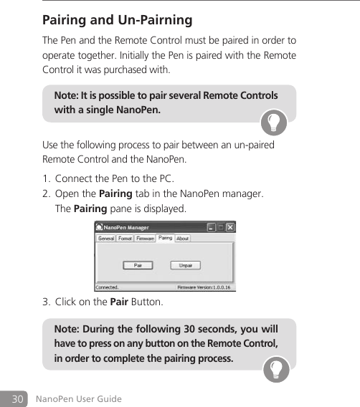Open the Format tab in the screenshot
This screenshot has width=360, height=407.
(125, 239)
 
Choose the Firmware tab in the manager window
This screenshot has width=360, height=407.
(145, 239)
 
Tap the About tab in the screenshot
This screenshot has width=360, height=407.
(183, 239)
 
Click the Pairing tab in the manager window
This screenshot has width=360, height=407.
(165, 238)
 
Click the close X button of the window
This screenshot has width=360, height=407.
(230, 229)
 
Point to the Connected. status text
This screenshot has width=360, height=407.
(108, 287)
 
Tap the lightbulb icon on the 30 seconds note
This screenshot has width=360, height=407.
(275, 369)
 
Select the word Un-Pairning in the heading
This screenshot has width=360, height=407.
(155, 19)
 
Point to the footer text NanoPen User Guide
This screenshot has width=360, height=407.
(79, 398)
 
